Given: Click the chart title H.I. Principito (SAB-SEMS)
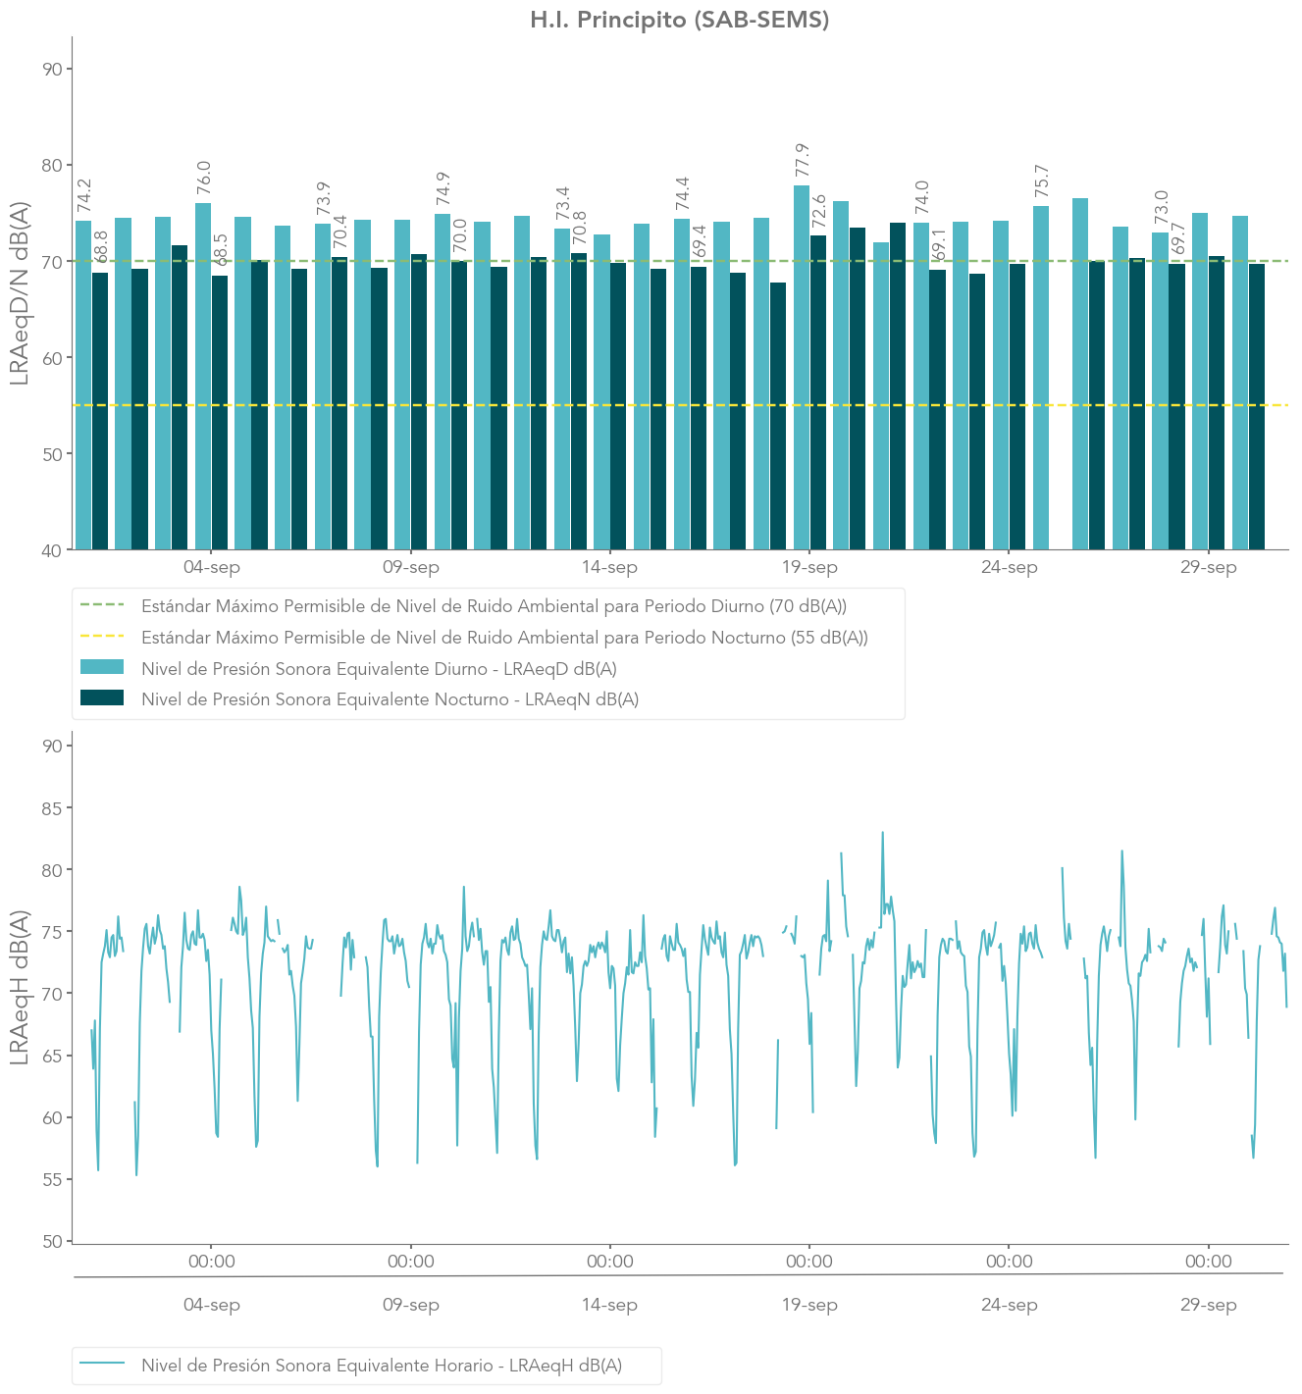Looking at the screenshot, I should [x=679, y=20].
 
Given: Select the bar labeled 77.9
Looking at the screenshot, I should [x=802, y=367].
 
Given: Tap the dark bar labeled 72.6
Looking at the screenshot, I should [x=818, y=392].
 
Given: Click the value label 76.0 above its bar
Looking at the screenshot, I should [x=204, y=178].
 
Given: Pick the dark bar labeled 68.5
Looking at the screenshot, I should [x=220, y=412].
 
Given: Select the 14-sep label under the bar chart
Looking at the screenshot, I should [x=609, y=568].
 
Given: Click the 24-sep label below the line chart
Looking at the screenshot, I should [x=1009, y=1306].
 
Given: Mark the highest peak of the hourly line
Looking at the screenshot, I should [x=882, y=833].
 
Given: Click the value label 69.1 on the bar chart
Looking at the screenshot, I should [x=938, y=245].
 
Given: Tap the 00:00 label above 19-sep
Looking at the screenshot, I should [x=809, y=1262].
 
